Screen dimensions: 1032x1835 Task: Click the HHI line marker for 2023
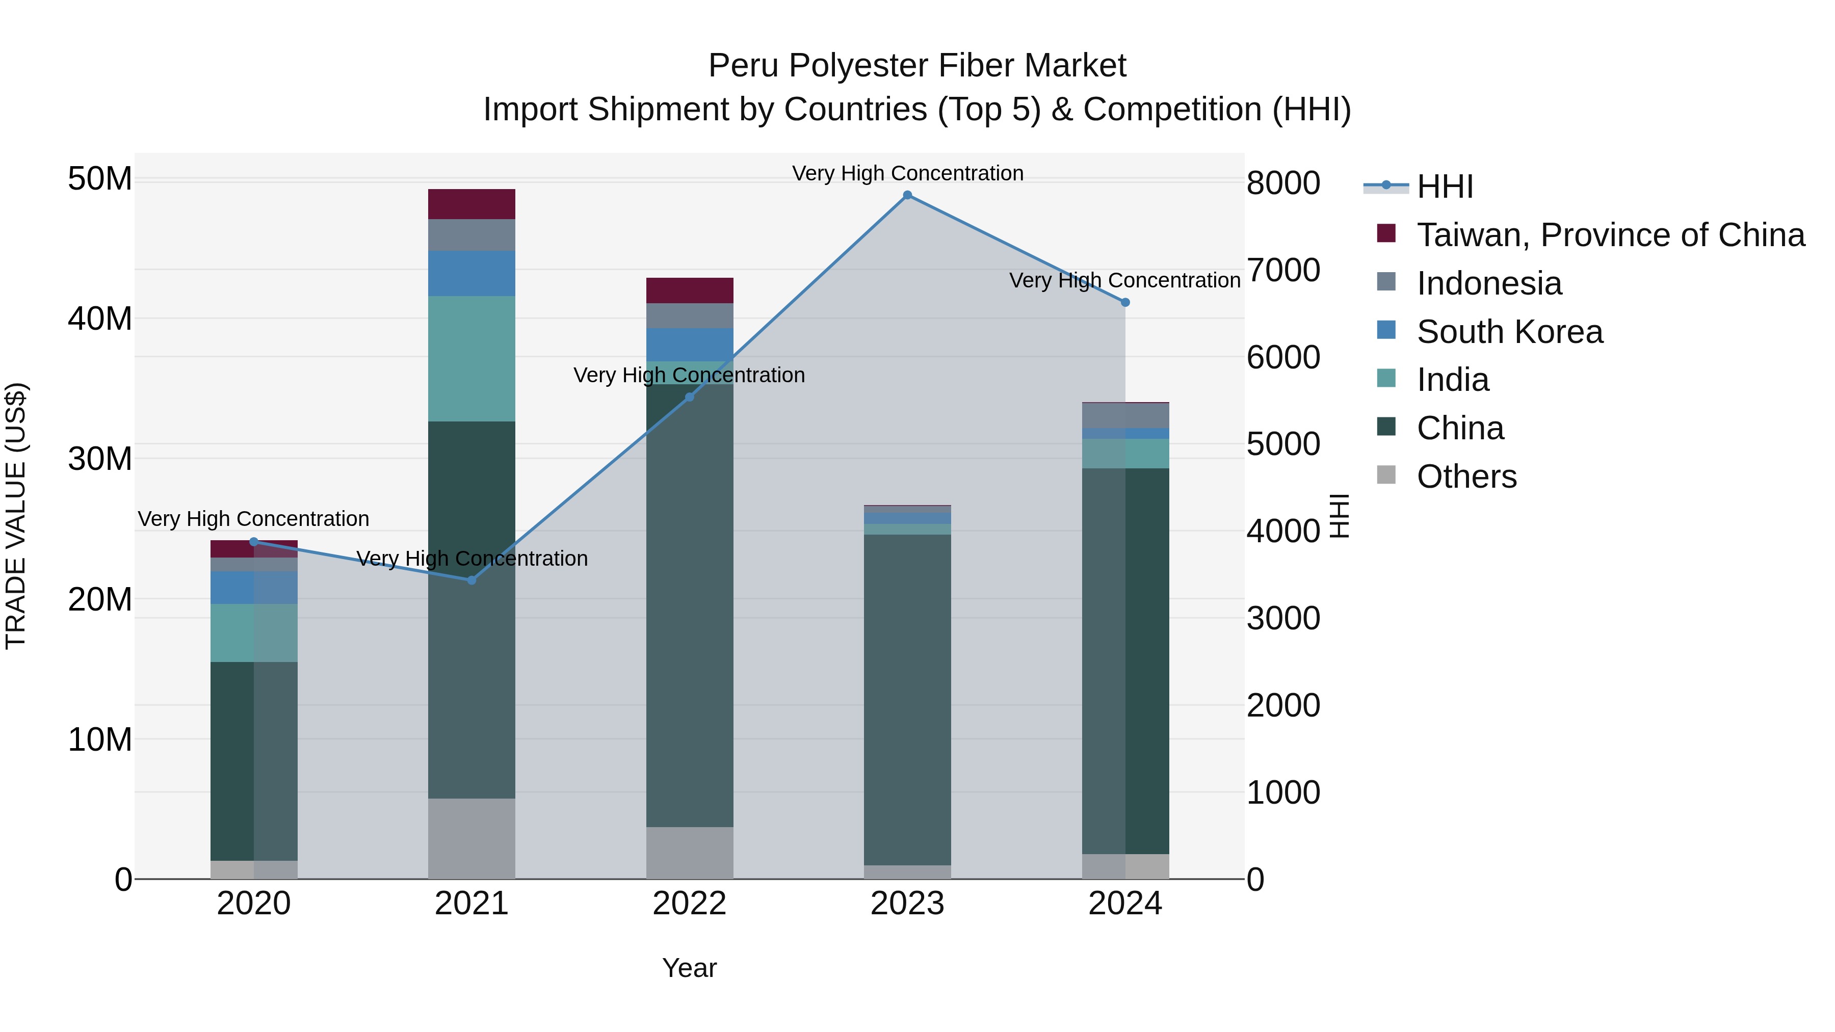pyautogui.click(x=907, y=195)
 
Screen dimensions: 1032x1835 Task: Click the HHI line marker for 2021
pyautogui.click(x=471, y=580)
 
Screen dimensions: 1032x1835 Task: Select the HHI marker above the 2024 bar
pyautogui.click(x=1125, y=303)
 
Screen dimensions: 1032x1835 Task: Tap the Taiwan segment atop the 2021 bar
pyautogui.click(x=471, y=204)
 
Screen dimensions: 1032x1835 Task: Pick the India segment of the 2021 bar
pyautogui.click(x=471, y=358)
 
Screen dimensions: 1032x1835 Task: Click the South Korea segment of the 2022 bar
pyautogui.click(x=689, y=345)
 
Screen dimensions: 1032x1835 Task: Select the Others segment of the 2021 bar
pyautogui.click(x=471, y=838)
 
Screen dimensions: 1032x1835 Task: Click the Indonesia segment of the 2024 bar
pyautogui.click(x=1125, y=415)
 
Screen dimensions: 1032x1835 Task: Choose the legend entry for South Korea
pyautogui.click(x=1509, y=332)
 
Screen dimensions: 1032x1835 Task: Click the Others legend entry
pyautogui.click(x=1466, y=477)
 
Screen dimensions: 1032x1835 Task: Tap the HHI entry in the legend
pyautogui.click(x=1444, y=187)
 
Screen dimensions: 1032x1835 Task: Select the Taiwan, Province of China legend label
pyautogui.click(x=1610, y=235)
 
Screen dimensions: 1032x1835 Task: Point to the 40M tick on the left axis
pyautogui.click(x=100, y=319)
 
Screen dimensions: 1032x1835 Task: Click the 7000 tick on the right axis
pyautogui.click(x=1283, y=270)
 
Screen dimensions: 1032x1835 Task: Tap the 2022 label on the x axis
pyautogui.click(x=689, y=904)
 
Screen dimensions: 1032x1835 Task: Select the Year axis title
pyautogui.click(x=689, y=968)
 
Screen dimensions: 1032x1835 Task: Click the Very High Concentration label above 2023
pyautogui.click(x=907, y=173)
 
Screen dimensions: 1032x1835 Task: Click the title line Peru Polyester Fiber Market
pyautogui.click(x=917, y=66)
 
